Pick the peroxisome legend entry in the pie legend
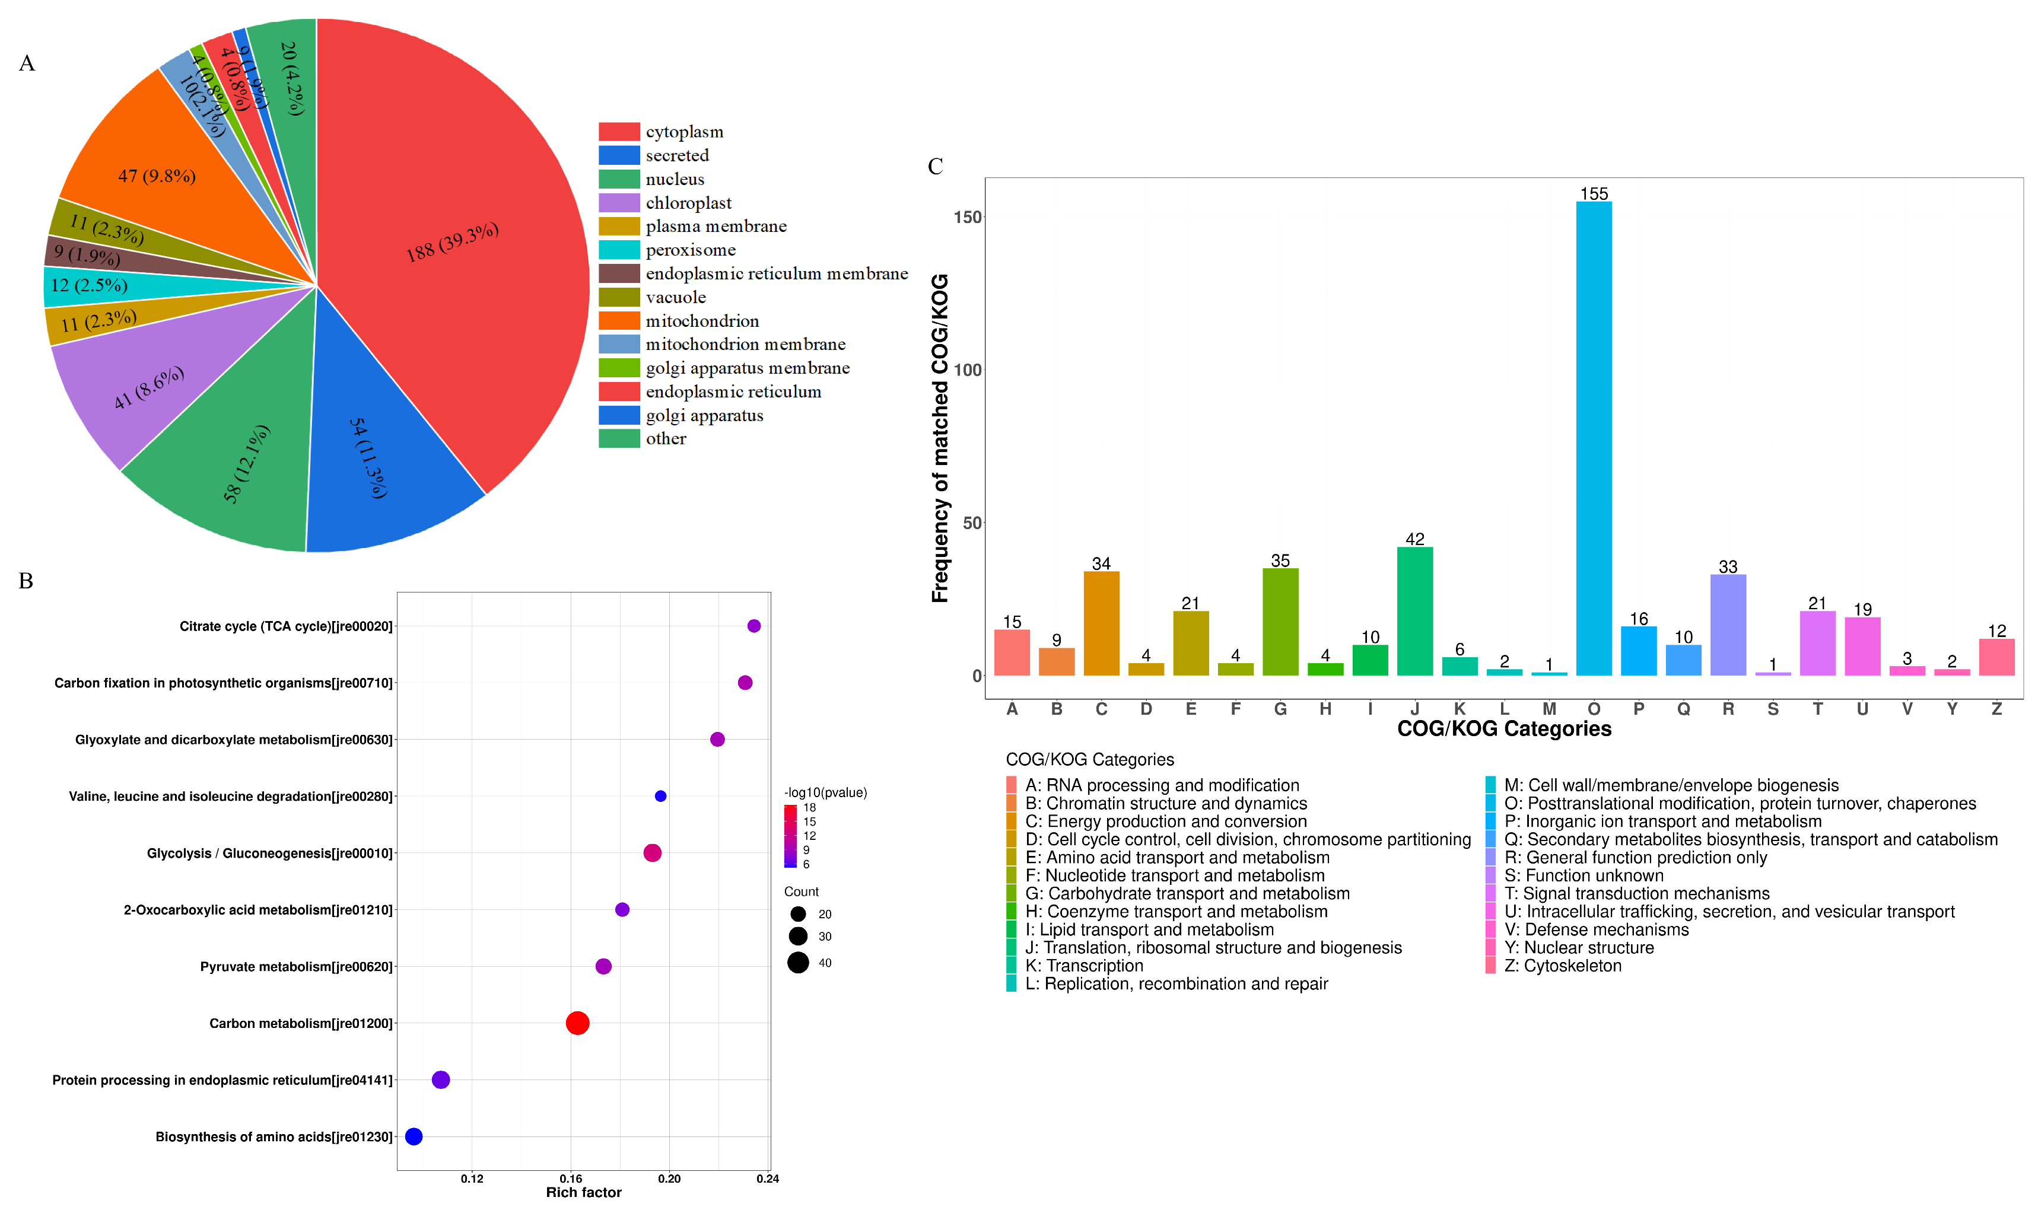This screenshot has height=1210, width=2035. pyautogui.click(x=690, y=250)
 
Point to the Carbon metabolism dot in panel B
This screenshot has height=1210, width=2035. pyautogui.click(x=577, y=1023)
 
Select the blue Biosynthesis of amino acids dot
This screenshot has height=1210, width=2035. pyautogui.click(x=414, y=1136)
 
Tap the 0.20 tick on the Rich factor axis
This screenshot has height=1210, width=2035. pyautogui.click(x=669, y=1178)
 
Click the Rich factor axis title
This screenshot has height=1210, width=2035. pyautogui.click(x=583, y=1192)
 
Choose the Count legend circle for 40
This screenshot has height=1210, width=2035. pyautogui.click(x=798, y=963)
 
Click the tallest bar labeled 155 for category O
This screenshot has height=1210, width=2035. pyautogui.click(x=1593, y=440)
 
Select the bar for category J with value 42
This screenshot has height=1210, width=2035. pyautogui.click(x=1414, y=612)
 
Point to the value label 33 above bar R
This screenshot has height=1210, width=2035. pyautogui.click(x=1728, y=566)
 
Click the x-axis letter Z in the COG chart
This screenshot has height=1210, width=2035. pyautogui.click(x=1996, y=709)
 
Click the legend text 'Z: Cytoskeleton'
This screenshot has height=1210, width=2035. pyautogui.click(x=1562, y=966)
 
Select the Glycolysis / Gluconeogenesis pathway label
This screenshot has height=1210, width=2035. pyautogui.click(x=269, y=853)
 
